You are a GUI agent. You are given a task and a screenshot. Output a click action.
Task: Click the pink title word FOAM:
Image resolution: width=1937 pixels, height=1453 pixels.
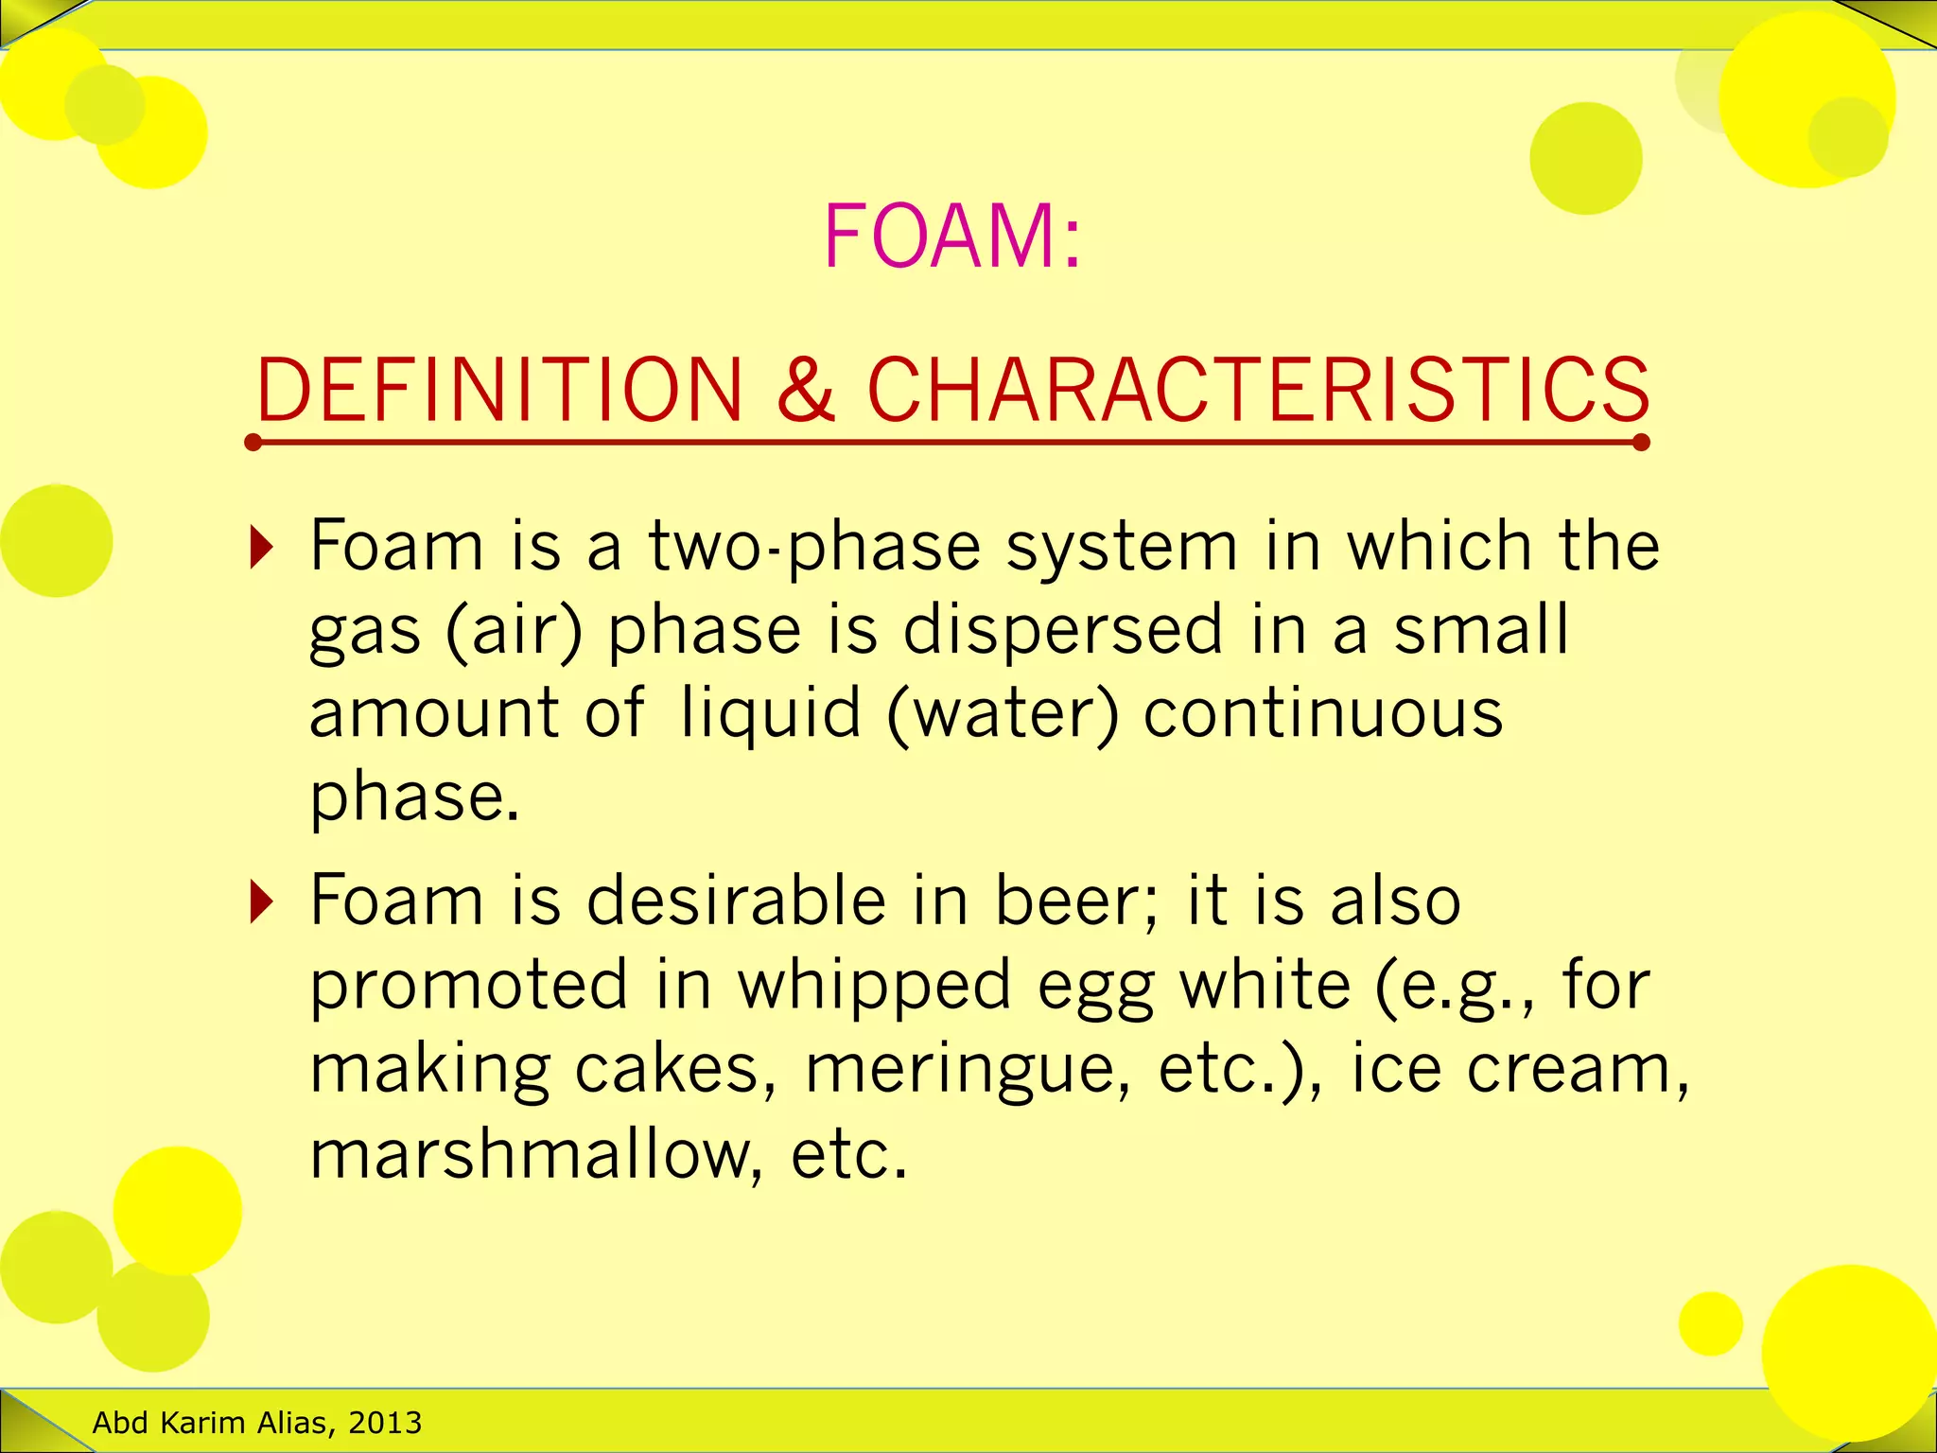coord(951,236)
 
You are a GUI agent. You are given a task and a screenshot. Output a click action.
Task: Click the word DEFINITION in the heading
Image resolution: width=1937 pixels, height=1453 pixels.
coord(499,390)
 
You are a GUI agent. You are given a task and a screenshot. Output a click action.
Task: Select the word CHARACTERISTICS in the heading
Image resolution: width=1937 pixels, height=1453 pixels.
coord(1258,390)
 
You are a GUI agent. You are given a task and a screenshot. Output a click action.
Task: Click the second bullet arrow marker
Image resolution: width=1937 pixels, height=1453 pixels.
coord(261,902)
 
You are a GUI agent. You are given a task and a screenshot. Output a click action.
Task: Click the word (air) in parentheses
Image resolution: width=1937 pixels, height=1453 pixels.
coord(514,631)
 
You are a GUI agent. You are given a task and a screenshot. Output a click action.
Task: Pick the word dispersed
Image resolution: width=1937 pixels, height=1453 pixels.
coord(1063,631)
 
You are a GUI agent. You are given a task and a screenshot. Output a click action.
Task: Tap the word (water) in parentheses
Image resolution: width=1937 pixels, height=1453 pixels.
coord(1003,713)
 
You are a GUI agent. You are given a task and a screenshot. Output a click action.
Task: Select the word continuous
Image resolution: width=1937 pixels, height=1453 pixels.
coord(1323,713)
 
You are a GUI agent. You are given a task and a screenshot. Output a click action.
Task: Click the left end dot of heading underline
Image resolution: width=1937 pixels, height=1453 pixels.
coord(253,443)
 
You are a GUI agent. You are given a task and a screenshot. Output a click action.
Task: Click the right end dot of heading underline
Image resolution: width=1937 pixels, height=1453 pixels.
coord(1641,443)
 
